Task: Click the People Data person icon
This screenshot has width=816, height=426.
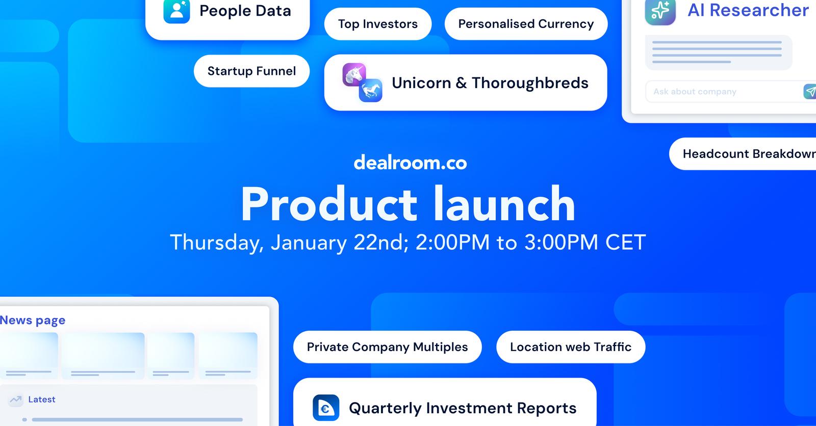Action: click(x=176, y=11)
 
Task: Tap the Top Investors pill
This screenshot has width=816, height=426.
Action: click(x=378, y=24)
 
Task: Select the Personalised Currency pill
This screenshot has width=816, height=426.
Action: click(x=526, y=24)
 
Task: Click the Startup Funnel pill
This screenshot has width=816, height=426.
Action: click(x=252, y=71)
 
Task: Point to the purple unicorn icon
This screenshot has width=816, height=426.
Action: click(x=354, y=74)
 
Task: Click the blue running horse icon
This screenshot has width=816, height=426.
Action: click(x=370, y=90)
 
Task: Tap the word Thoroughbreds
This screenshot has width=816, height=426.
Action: click(x=530, y=83)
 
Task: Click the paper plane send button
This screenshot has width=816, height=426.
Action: click(x=810, y=91)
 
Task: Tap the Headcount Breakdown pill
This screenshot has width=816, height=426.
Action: click(x=743, y=154)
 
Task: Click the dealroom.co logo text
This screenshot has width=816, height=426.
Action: click(x=410, y=163)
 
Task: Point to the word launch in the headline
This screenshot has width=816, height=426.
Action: click(x=504, y=203)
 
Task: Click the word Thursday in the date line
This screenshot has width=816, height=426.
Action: click(x=217, y=243)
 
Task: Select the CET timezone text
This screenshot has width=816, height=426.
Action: click(x=625, y=242)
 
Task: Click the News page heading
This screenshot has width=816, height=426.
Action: click(x=33, y=321)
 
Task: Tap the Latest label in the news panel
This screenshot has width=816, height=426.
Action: click(x=42, y=400)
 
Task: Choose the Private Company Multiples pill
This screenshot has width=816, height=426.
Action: click(x=387, y=347)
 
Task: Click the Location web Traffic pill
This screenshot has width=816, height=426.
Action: click(x=571, y=347)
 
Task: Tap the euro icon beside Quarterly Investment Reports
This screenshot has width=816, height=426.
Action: click(x=326, y=408)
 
